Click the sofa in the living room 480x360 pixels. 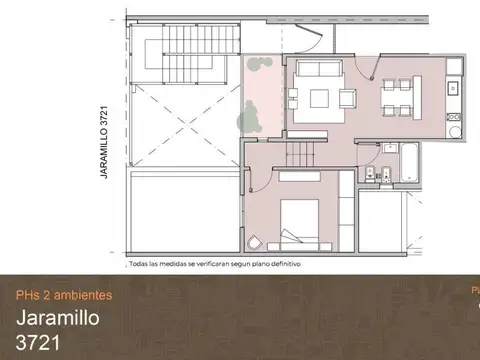pyautogui.click(x=321, y=70)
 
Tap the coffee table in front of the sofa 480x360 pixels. pyautogui.click(x=321, y=98)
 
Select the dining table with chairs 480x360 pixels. pyautogui.click(x=398, y=98)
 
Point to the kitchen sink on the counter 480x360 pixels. pyautogui.click(x=452, y=88)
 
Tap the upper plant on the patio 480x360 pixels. pyautogui.click(x=262, y=68)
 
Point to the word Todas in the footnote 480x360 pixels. pyautogui.click(x=140, y=265)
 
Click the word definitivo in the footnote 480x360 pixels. pyautogui.click(x=282, y=265)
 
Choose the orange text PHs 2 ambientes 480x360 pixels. pyautogui.click(x=64, y=295)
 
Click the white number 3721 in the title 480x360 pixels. pyautogui.click(x=38, y=345)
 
